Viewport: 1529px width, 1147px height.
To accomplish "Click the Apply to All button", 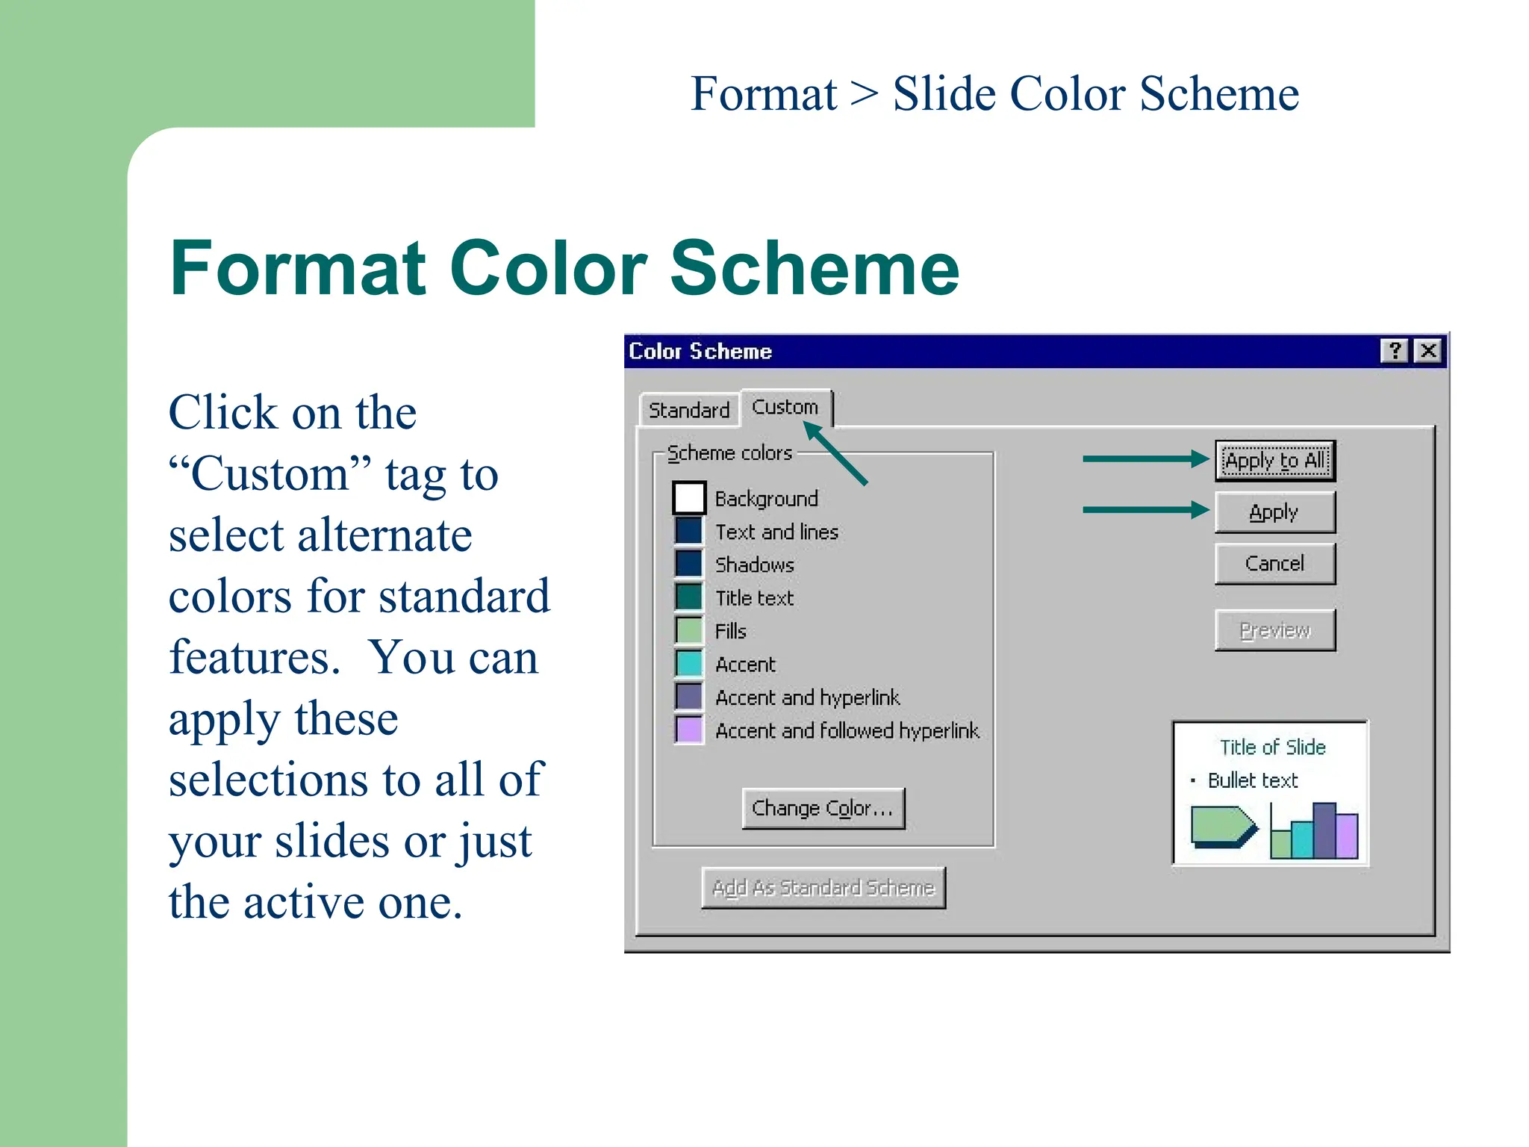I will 1274,460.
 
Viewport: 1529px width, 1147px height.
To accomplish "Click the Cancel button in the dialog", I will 1274,563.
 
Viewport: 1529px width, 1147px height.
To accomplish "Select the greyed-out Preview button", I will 1274,630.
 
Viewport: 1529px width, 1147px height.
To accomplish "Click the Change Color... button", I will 823,808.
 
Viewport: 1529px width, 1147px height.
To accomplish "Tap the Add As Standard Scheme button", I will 823,887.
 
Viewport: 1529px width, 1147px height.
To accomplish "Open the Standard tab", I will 688,410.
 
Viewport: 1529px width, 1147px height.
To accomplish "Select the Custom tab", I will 785,407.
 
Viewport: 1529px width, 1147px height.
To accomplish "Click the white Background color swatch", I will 688,498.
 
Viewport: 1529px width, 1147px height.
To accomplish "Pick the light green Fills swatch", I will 688,630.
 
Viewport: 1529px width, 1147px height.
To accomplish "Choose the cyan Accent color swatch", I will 688,663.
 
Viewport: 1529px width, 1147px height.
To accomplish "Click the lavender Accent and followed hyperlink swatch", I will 688,730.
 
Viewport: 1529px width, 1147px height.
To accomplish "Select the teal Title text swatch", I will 688,597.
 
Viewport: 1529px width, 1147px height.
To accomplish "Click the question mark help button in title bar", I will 1393,351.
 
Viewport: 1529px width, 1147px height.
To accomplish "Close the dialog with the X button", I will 1428,351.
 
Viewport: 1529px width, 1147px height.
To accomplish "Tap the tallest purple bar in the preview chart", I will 1324,830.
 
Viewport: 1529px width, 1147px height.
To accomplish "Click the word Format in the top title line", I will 763,94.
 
